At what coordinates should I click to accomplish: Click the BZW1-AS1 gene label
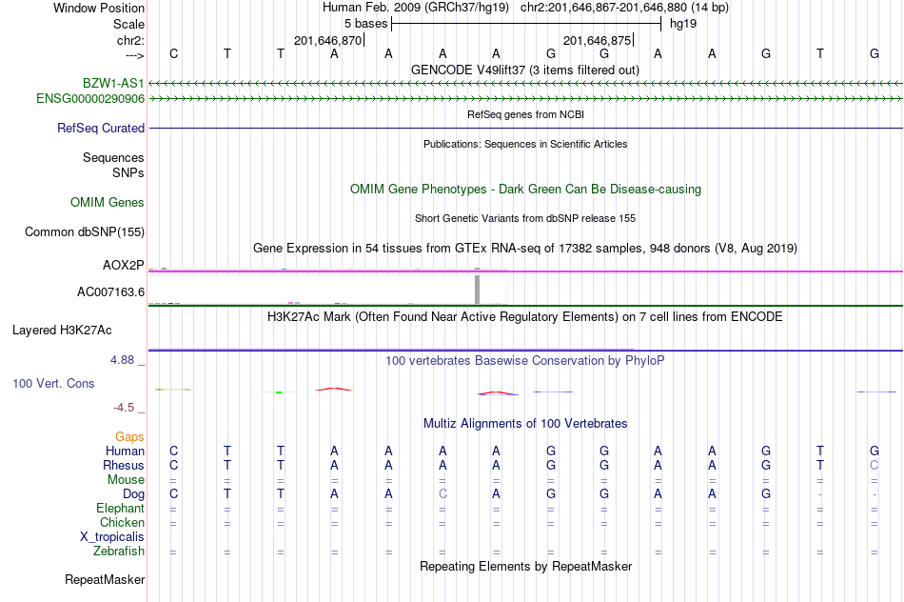coord(113,83)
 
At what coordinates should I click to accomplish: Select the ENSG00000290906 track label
coord(90,99)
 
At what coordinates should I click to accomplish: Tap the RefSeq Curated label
coord(100,129)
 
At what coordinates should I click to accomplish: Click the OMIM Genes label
coord(107,203)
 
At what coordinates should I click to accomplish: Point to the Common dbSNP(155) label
coord(84,232)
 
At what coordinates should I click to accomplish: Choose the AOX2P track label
coord(124,266)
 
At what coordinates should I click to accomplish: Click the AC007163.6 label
coord(110,292)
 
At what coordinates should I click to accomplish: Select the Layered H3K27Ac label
coord(62,331)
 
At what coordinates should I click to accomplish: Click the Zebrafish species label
coord(119,552)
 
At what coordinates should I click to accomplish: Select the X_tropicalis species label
coord(112,537)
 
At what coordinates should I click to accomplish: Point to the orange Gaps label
coord(129,437)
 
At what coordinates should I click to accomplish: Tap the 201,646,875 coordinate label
coord(597,40)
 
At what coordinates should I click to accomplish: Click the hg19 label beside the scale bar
coord(683,24)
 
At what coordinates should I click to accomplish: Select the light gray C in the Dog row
coord(442,494)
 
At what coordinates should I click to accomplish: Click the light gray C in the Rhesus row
coord(874,465)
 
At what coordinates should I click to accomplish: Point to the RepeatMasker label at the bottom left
coord(105,579)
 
